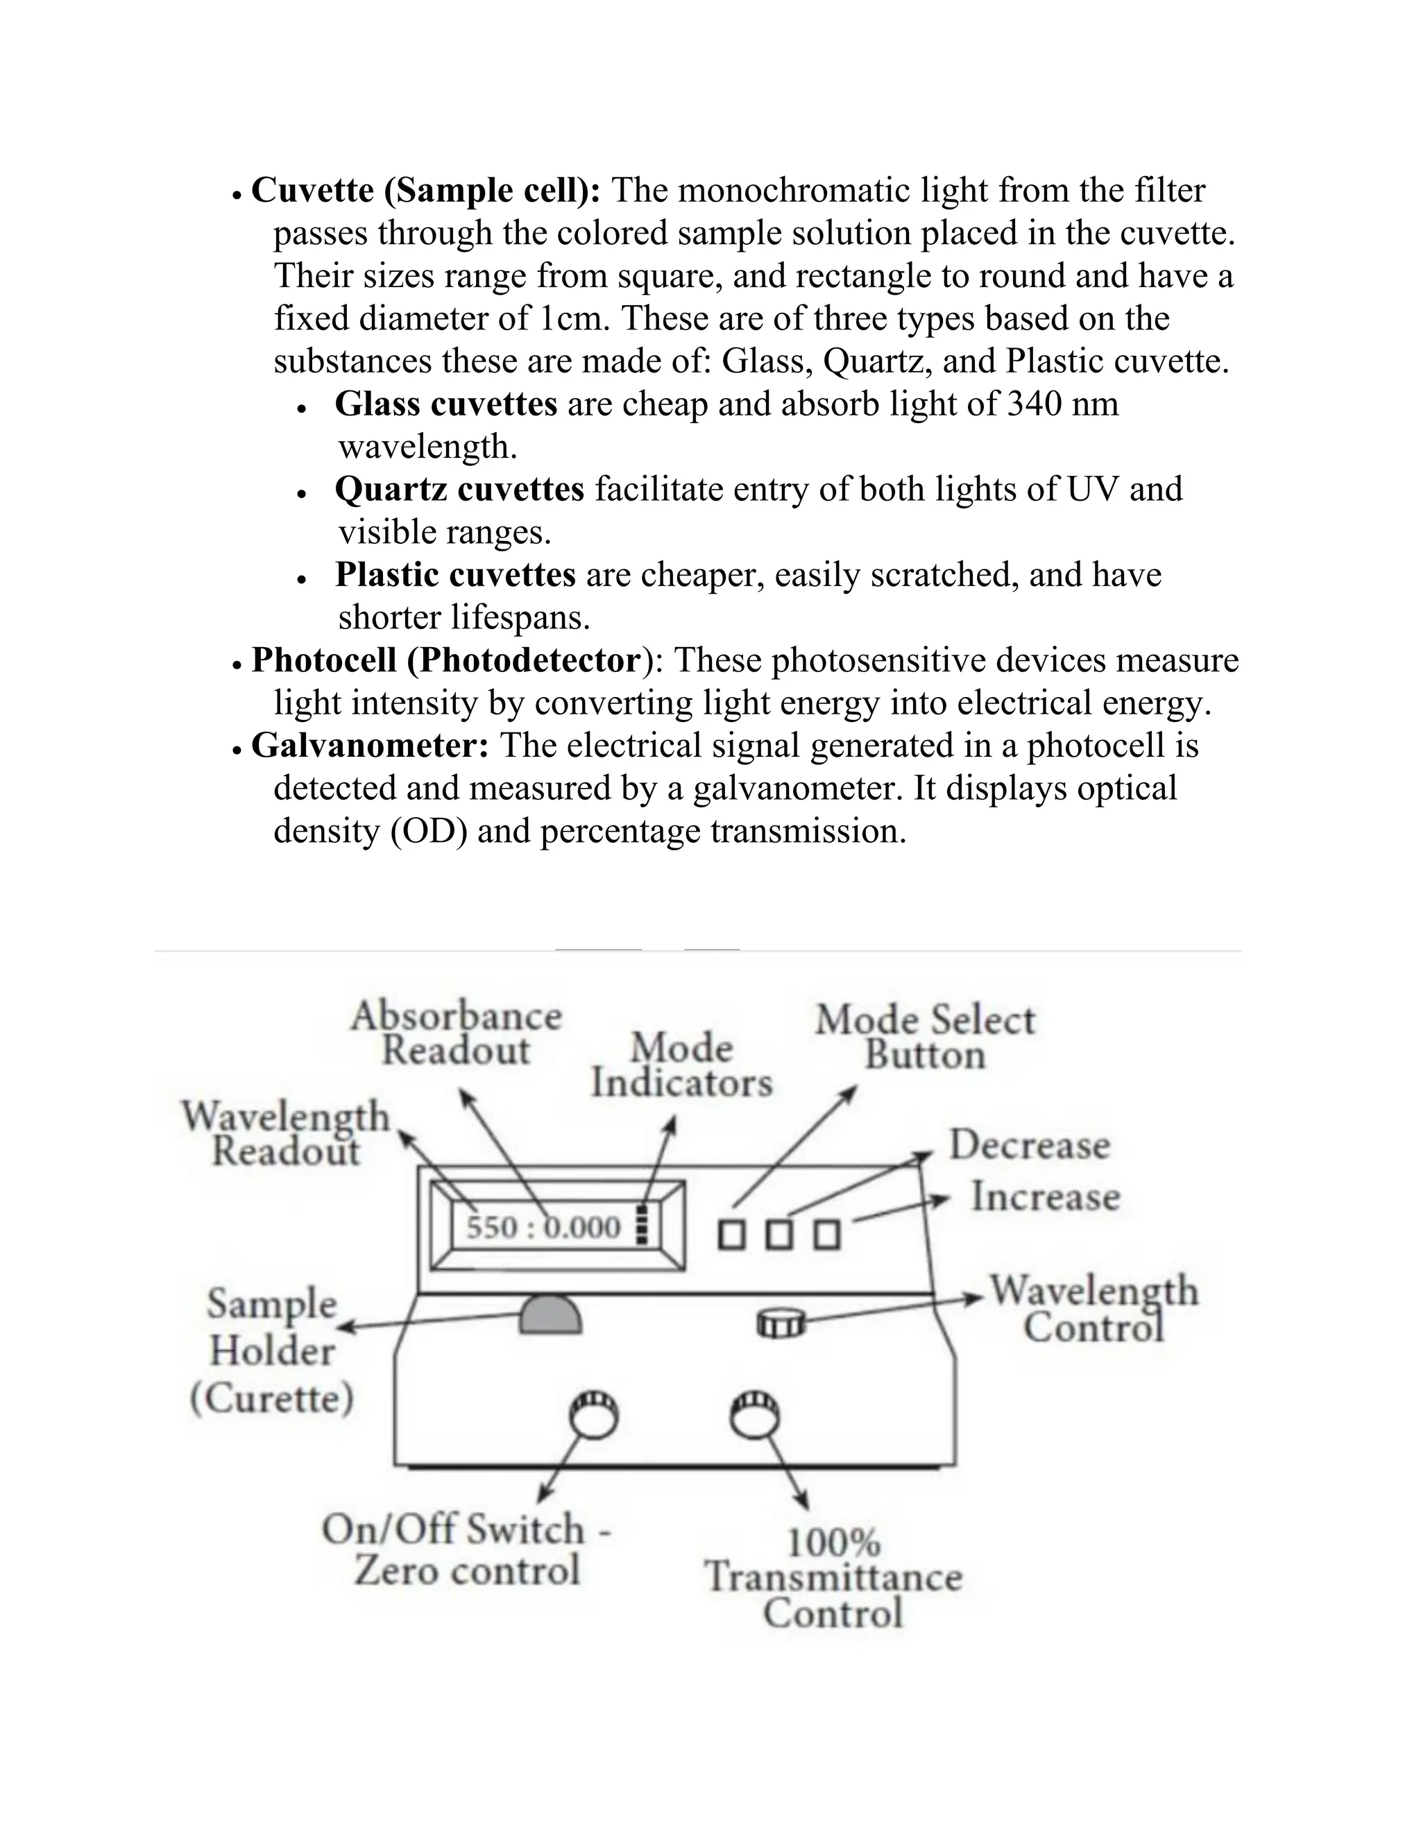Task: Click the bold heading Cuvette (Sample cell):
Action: click(426, 191)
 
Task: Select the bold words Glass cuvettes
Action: click(445, 404)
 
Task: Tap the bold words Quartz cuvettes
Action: click(459, 490)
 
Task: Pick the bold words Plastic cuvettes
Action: click(454, 575)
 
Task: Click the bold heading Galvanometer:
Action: click(370, 746)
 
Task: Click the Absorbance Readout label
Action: click(457, 1033)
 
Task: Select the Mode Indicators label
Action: click(681, 1065)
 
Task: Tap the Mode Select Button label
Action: click(924, 1037)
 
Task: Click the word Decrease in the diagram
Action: click(1030, 1145)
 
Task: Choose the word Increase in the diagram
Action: click(1046, 1196)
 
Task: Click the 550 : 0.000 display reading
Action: click(544, 1228)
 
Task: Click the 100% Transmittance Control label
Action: click(833, 1578)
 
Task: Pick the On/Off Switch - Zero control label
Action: click(466, 1549)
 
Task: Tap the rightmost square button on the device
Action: click(826, 1235)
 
